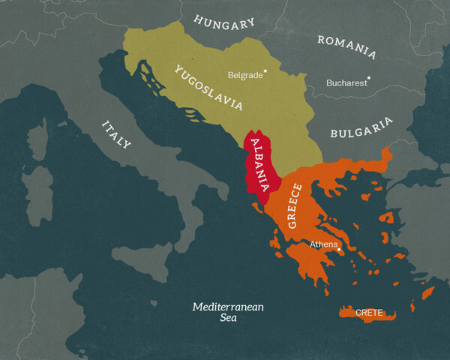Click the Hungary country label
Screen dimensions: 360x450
[x=224, y=22]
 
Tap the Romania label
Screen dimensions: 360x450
[x=346, y=46]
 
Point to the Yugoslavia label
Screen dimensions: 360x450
[x=208, y=88]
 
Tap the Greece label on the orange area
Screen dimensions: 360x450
[x=295, y=205]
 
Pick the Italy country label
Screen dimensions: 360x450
[x=116, y=133]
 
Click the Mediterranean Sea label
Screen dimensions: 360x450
[x=228, y=312]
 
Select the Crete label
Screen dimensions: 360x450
[x=369, y=311]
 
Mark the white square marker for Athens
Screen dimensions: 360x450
[x=338, y=245]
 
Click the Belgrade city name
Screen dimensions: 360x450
[x=245, y=75]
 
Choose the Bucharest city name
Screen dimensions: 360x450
[x=346, y=82]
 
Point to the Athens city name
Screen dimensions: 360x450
[x=322, y=244]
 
